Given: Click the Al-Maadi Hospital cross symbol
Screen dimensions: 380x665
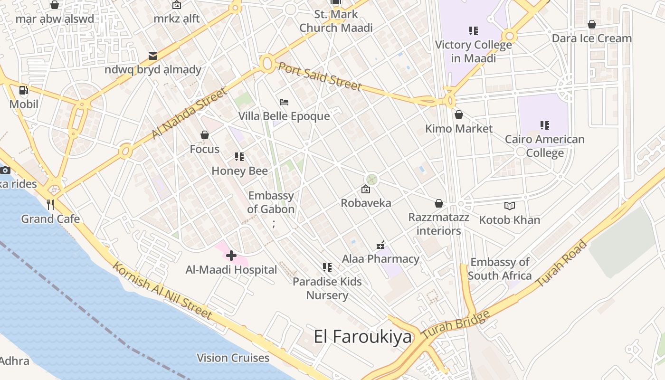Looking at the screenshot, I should coord(231,256).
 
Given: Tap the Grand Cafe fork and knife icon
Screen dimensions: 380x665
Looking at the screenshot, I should coord(50,205).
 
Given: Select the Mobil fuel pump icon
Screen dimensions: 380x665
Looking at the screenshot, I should coord(23,90).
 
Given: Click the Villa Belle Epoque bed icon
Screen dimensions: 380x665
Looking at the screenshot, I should coord(284,102).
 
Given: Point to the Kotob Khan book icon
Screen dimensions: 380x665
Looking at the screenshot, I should coord(510,206).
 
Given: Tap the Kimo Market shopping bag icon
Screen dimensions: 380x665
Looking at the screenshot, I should coord(459,114).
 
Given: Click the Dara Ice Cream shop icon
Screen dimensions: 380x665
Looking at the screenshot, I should coord(592,24).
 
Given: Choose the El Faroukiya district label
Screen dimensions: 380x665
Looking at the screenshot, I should coord(363,337).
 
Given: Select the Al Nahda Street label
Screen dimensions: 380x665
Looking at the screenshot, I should coord(189,114).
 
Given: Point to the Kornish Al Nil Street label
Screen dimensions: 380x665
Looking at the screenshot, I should coord(162,290).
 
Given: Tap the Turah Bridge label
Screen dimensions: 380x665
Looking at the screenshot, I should coord(456,325).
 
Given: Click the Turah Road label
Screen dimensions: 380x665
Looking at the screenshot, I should coord(561,264).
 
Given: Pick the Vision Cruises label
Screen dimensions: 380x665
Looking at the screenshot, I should coord(233,358).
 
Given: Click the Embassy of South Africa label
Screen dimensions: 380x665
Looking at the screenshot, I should coord(500,269).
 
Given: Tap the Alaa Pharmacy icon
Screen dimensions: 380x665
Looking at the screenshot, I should coord(380,246).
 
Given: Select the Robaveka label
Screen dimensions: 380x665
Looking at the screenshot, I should coord(366,203).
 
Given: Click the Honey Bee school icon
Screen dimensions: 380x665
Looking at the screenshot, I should coord(239,157).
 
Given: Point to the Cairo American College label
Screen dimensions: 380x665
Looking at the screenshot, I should coord(545,146).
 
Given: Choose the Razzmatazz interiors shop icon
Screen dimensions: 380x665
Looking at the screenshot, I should coord(439,203).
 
